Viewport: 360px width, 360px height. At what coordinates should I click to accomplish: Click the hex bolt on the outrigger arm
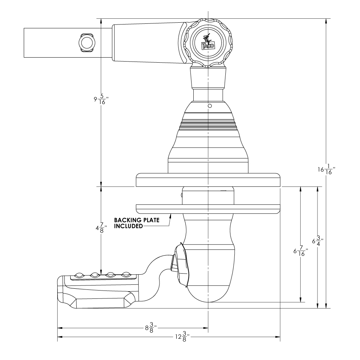[86, 43]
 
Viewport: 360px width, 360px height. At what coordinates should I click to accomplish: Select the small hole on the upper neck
[209, 106]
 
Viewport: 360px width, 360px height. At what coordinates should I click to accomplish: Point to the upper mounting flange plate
[208, 180]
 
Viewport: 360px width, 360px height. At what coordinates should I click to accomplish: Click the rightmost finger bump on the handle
[126, 275]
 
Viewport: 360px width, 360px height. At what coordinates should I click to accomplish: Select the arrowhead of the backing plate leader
[170, 215]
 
